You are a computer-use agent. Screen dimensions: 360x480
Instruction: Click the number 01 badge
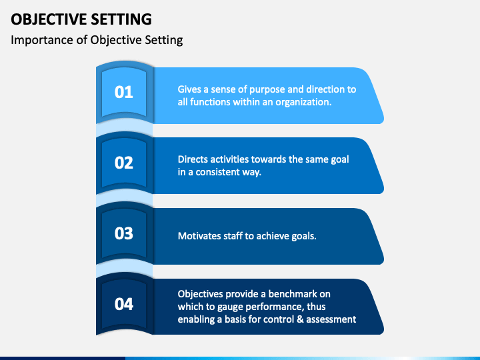point(124,92)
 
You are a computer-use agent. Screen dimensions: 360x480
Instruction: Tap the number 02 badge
point(124,163)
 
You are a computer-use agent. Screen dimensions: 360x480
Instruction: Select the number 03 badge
point(124,233)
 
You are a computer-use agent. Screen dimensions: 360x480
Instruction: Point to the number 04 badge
point(124,304)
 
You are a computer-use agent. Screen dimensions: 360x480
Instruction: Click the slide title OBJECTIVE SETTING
point(81,19)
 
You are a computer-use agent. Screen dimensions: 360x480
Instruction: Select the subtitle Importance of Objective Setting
point(97,40)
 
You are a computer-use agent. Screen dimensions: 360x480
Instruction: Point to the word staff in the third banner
point(237,235)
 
